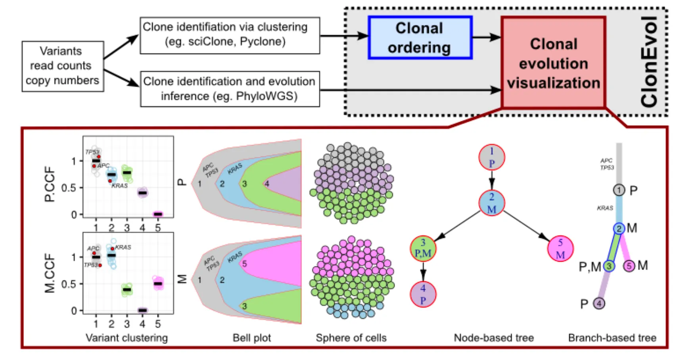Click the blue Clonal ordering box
420,38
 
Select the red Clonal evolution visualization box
553,63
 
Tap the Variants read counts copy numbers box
63,66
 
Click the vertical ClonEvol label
650,61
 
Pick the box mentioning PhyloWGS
230,89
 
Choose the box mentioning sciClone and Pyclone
230,35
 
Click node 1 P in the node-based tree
492,157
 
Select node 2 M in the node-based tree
492,203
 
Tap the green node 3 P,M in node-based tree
423,248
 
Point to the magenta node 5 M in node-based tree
560,249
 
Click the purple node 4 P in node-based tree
423,294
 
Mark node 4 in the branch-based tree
599,304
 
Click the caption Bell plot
251,338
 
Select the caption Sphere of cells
351,338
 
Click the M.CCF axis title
50,274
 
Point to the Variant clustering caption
127,338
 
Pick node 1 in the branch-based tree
619,190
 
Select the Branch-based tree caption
612,338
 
